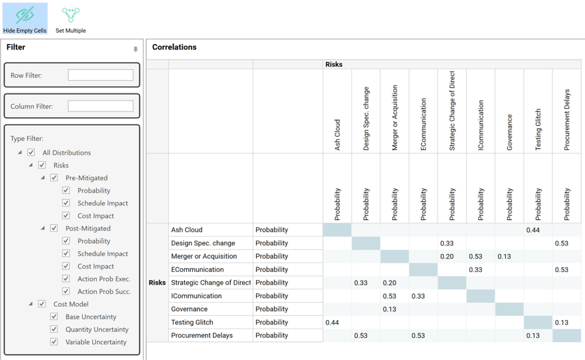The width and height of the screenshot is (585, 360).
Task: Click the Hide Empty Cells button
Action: click(x=25, y=19)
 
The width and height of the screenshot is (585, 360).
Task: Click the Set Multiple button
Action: click(x=71, y=19)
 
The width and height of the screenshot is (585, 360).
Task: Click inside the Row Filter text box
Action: click(x=100, y=75)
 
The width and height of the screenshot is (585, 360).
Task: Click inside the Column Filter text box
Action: click(x=100, y=106)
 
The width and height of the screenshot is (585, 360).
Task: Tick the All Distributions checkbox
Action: click(x=31, y=153)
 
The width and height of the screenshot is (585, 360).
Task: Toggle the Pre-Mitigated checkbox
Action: click(x=54, y=178)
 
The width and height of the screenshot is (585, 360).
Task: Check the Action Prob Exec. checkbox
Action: click(x=66, y=279)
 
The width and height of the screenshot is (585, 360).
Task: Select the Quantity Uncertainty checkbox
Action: click(x=54, y=329)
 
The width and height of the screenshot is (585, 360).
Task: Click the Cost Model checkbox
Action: click(x=42, y=304)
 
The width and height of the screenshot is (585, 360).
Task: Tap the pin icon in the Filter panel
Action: click(x=135, y=49)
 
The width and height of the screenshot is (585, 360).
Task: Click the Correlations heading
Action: click(x=174, y=47)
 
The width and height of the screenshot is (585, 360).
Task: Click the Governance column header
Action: click(x=510, y=132)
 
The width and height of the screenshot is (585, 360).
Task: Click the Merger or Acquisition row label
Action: click(x=203, y=256)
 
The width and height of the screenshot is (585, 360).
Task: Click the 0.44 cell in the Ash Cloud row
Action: click(x=532, y=230)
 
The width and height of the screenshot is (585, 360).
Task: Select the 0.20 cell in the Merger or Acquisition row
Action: click(x=446, y=256)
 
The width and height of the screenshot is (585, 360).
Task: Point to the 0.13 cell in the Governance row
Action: click(x=389, y=309)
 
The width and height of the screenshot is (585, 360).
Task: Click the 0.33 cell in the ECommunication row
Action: click(x=475, y=269)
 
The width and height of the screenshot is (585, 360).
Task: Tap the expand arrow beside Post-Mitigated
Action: click(x=43, y=229)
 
